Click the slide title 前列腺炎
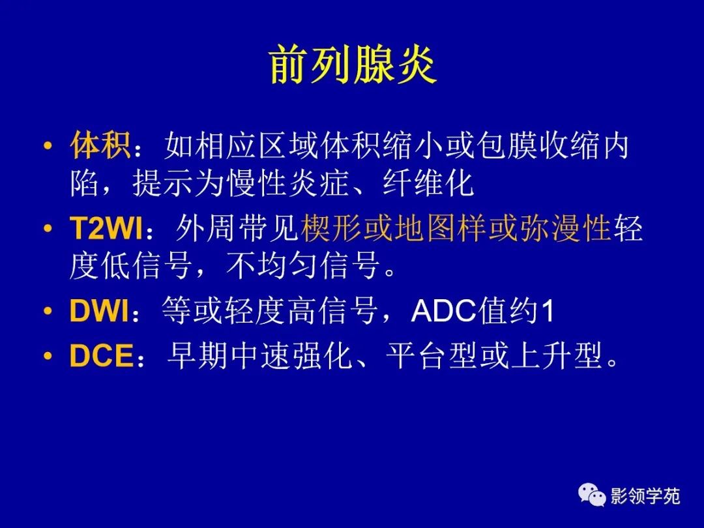point(352,66)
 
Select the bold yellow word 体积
point(100,146)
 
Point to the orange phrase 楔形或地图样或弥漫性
point(456,229)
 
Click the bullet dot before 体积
point(47,147)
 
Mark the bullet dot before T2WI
point(47,230)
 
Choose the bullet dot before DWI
point(47,313)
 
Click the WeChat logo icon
point(592,497)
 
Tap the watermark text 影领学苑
point(645,497)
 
